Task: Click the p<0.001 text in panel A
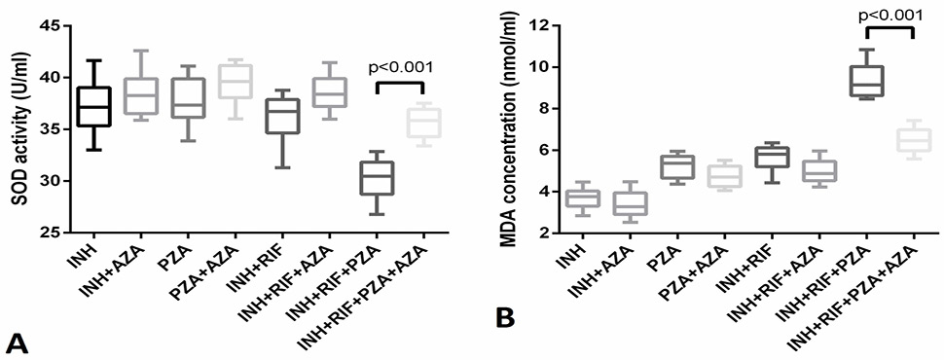pos(400,67)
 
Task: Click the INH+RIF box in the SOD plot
pos(282,116)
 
